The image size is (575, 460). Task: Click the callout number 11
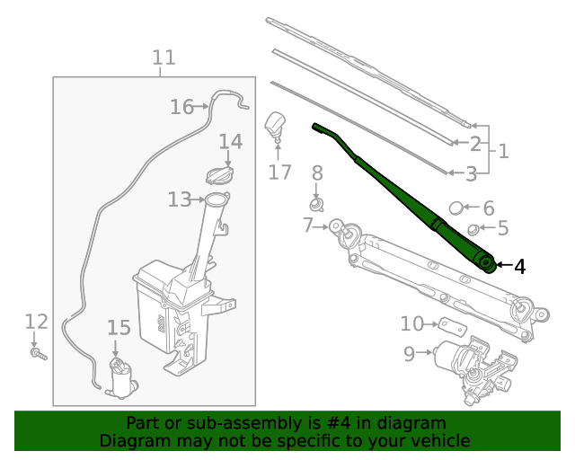pos(163,58)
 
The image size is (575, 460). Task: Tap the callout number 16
pos(181,107)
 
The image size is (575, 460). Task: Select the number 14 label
pos(230,142)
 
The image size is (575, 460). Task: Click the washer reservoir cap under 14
pos(221,172)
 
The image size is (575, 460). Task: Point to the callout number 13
pos(179,199)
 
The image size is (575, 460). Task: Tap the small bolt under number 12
pos(39,355)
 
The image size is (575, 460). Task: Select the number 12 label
pos(35,322)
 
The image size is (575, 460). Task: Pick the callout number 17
pos(280,172)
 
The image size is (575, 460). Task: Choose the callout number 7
pos(308,226)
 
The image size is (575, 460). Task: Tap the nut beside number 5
pos(475,229)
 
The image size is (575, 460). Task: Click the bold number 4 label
pos(519,266)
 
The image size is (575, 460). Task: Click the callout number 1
pos(504,151)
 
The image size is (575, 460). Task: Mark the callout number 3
pos(470,173)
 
